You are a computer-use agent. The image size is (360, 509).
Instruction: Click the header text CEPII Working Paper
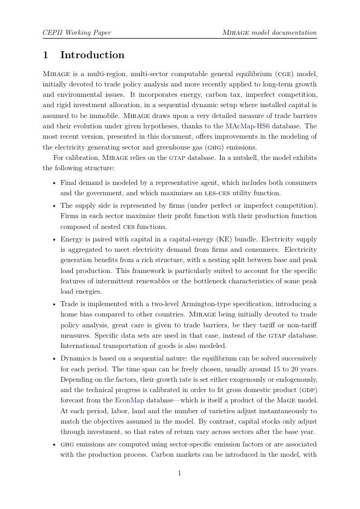(x=77, y=33)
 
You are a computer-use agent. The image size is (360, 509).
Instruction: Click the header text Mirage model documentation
(x=270, y=33)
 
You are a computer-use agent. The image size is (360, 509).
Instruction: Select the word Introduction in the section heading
(x=92, y=55)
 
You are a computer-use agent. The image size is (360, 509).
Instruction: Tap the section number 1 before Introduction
(x=46, y=55)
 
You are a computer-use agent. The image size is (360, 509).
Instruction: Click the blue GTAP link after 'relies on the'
(x=177, y=158)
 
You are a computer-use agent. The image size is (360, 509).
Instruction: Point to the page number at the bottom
(x=179, y=473)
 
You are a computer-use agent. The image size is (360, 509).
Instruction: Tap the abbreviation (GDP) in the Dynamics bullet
(x=308, y=390)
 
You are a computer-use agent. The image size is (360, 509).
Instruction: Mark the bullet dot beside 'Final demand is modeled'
(x=54, y=183)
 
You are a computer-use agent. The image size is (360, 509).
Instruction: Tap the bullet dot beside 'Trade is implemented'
(x=54, y=305)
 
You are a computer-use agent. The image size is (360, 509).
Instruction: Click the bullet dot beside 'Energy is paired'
(x=54, y=239)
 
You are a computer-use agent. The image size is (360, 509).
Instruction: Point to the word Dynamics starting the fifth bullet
(x=75, y=358)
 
